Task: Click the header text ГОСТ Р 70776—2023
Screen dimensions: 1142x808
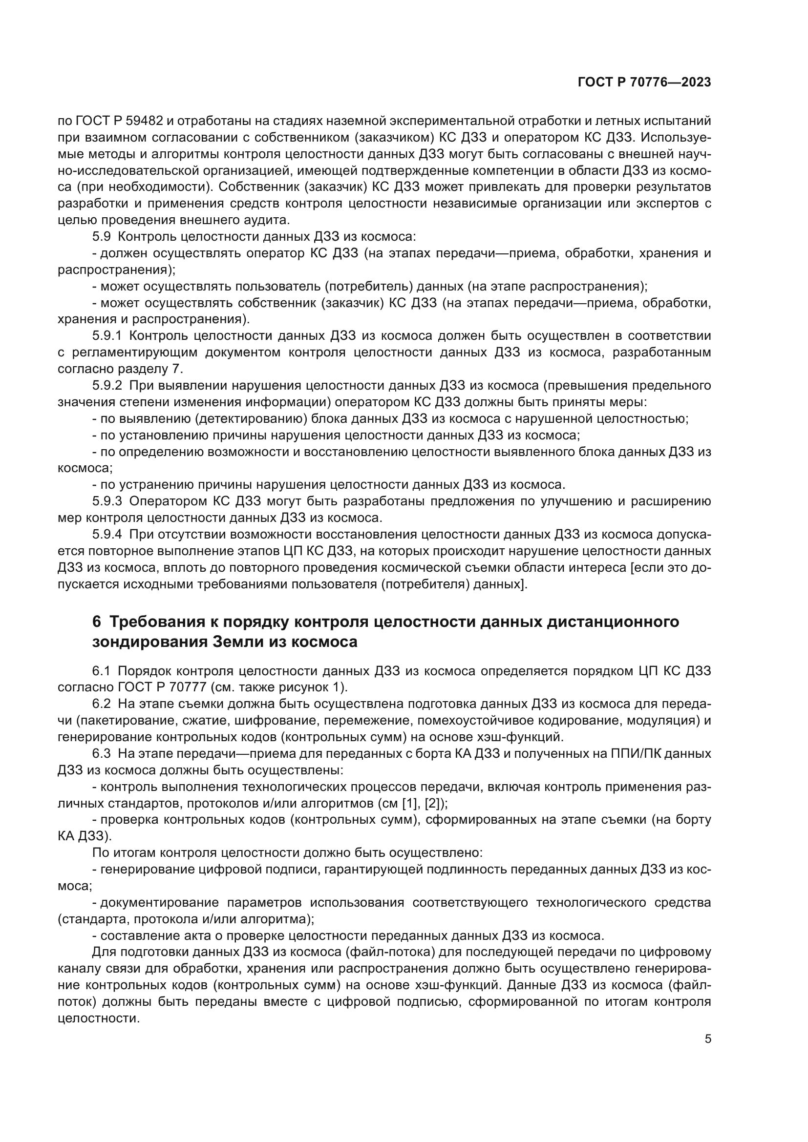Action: [644, 83]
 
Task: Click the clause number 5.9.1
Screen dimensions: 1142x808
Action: [107, 336]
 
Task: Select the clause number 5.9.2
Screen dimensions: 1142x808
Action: [107, 386]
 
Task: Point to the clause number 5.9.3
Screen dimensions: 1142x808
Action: [107, 501]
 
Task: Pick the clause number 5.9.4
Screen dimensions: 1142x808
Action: [107, 534]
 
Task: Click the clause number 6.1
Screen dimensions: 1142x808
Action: [101, 671]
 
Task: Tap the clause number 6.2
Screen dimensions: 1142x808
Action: [101, 704]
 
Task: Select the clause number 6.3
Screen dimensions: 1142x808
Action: [101, 753]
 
